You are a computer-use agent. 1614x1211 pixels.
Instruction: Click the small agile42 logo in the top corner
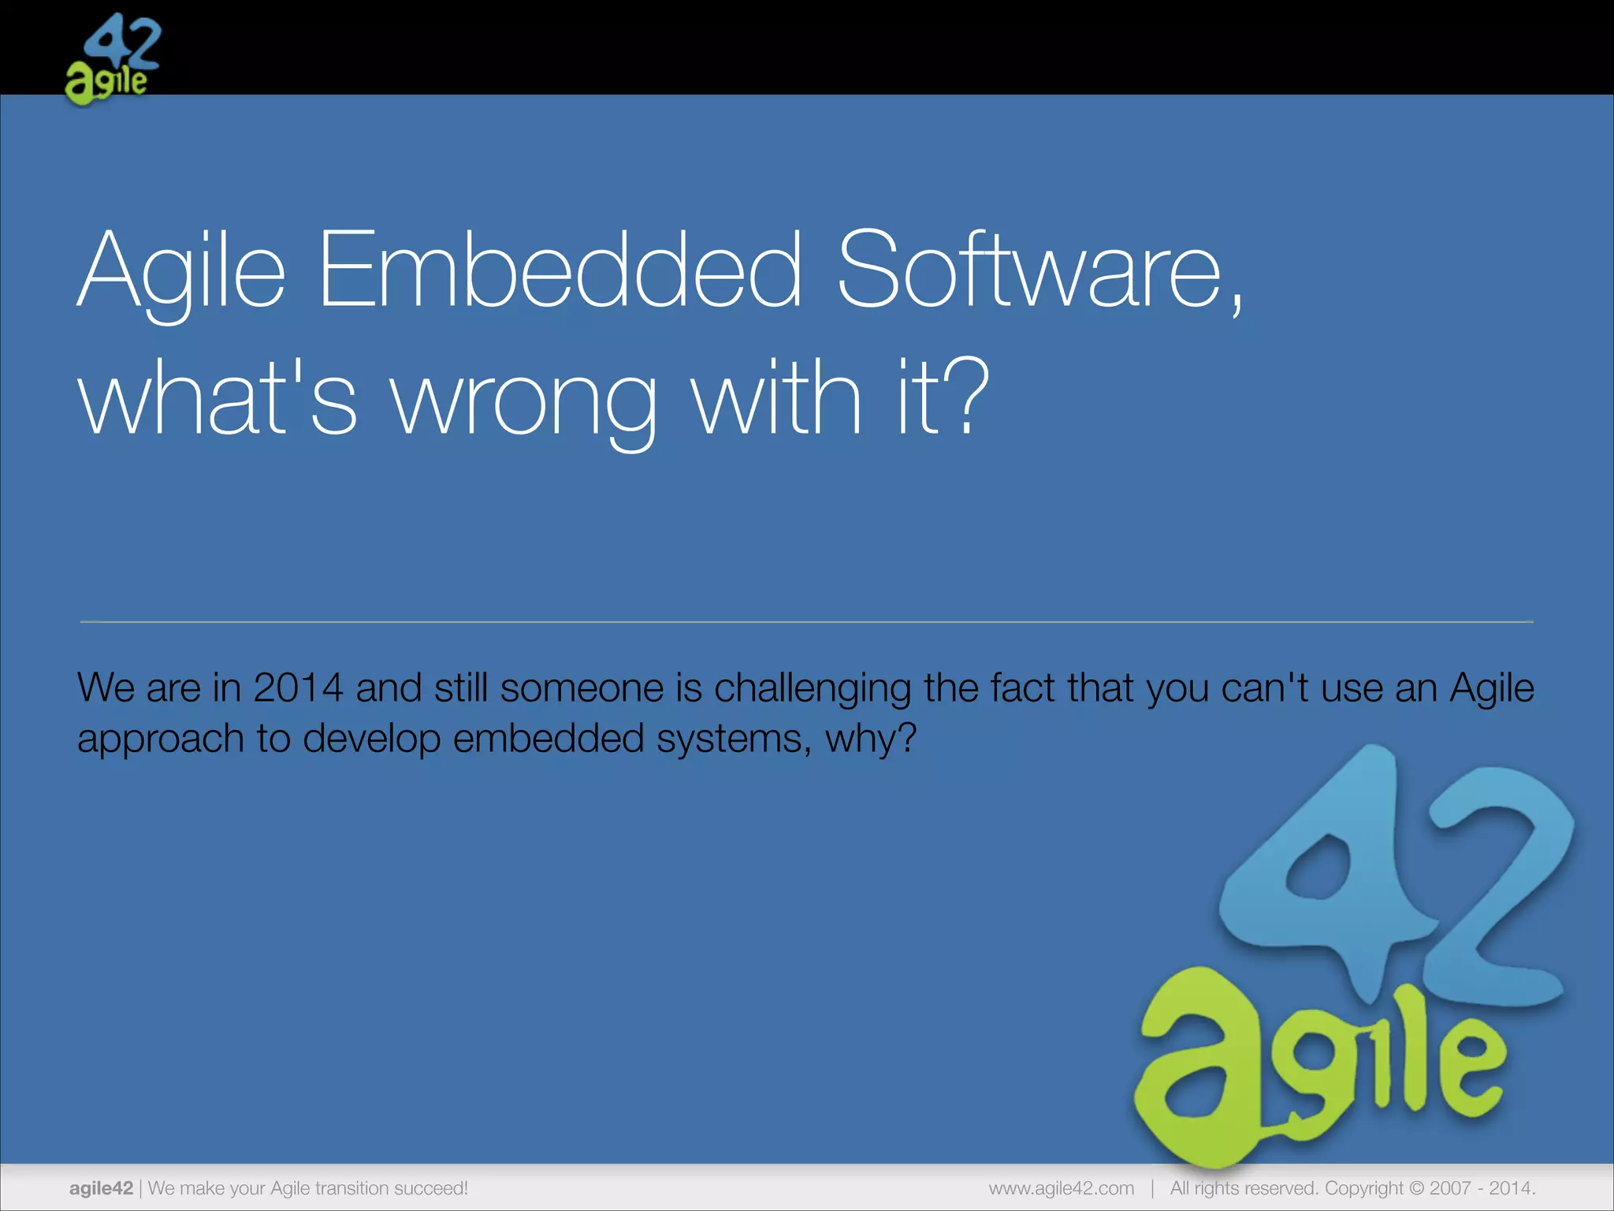(112, 60)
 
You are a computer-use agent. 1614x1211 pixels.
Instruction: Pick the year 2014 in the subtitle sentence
(298, 687)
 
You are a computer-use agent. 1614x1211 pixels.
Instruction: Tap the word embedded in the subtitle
(549, 739)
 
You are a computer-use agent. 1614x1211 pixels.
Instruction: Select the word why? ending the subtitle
(871, 740)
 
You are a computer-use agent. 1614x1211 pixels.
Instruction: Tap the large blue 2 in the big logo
(1497, 891)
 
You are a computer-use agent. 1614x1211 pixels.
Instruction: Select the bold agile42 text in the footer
(101, 1188)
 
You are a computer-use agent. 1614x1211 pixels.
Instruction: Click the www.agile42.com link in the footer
(1061, 1188)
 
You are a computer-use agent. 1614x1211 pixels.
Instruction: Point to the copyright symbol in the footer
(1417, 1188)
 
